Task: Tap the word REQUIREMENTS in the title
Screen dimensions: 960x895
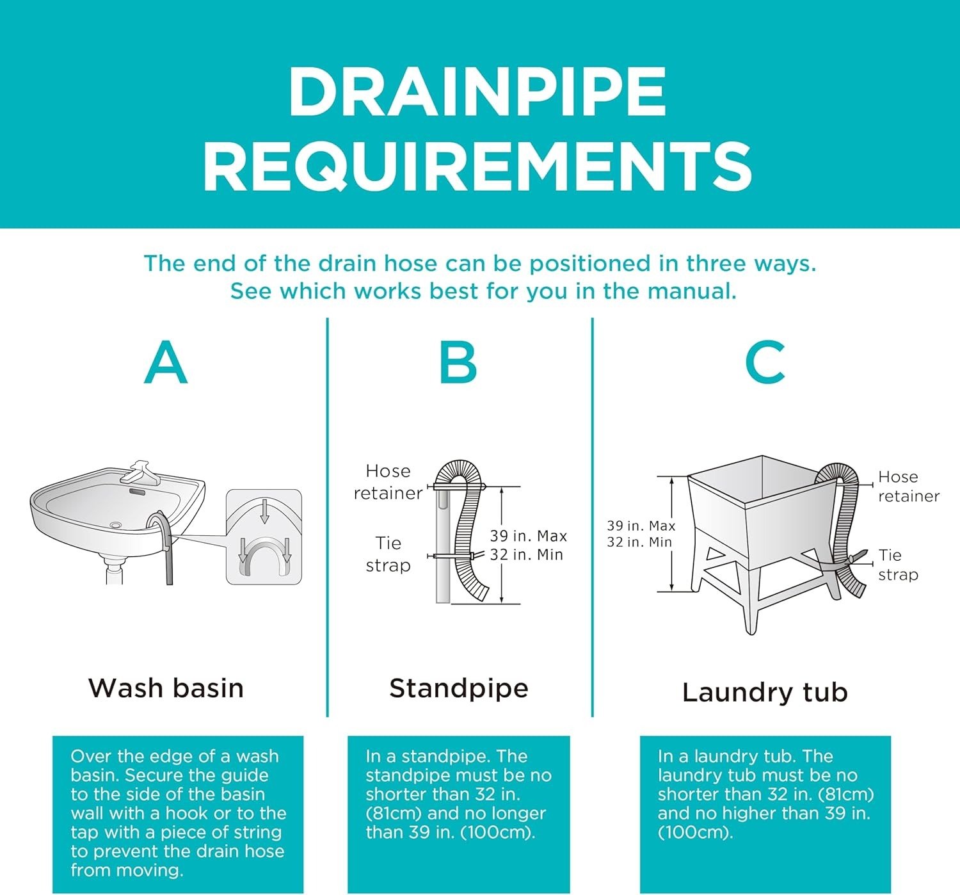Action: click(477, 166)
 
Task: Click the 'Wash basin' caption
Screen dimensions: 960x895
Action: click(166, 688)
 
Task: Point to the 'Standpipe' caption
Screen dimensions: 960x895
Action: click(459, 689)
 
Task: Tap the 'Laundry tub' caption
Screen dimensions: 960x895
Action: click(765, 692)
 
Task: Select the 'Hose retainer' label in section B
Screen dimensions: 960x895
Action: click(388, 482)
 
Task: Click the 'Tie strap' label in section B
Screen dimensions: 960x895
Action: click(388, 554)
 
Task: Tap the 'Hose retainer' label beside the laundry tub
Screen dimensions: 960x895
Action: click(909, 486)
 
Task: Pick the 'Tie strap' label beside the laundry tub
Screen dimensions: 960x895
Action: click(898, 565)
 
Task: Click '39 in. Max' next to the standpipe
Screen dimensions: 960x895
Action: click(528, 536)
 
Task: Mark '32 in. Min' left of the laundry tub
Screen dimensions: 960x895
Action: click(639, 542)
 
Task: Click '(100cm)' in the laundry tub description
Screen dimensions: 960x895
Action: click(695, 833)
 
